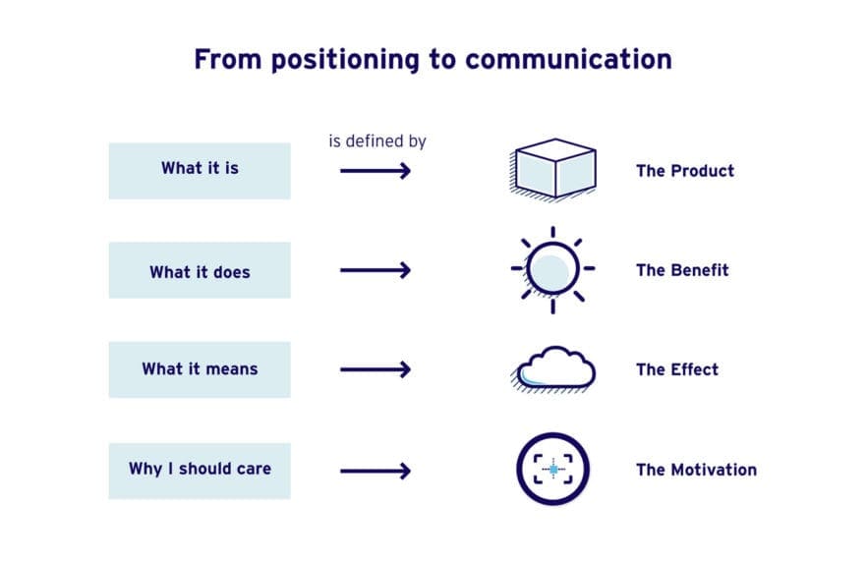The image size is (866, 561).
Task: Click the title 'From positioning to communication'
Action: (433, 59)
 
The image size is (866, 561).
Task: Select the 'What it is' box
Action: (200, 170)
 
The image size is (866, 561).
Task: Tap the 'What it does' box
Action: (200, 270)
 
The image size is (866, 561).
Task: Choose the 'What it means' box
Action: (200, 369)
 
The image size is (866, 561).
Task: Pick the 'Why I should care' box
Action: (200, 470)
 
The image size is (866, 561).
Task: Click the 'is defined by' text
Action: (376, 141)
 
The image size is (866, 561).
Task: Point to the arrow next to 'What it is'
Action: (375, 171)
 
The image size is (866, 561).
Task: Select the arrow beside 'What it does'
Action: (375, 270)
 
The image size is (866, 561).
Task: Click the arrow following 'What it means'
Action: (375, 370)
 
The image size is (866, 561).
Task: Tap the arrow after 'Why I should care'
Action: (375, 471)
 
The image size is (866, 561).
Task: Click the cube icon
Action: (554, 169)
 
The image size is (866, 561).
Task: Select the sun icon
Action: (552, 269)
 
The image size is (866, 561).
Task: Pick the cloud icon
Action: (554, 368)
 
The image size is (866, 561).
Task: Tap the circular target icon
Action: (553, 470)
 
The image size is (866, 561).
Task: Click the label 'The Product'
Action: (684, 171)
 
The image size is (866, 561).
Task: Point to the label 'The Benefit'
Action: (682, 270)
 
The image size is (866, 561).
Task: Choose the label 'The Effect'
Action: (676, 370)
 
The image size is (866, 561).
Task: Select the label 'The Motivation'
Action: (696, 470)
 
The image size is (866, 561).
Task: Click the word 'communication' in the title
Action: (568, 59)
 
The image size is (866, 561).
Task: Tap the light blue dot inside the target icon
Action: (553, 471)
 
